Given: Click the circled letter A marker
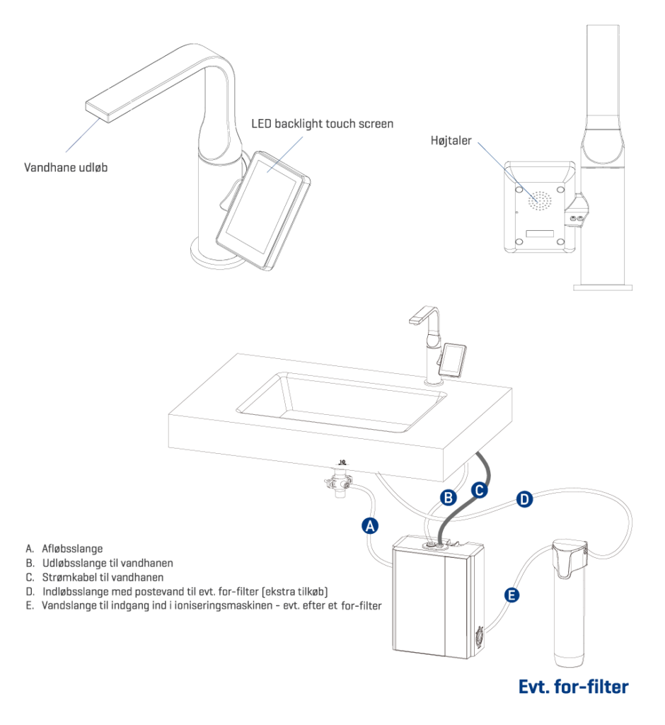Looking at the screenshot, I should tap(369, 525).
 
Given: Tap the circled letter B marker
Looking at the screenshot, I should tap(448, 498).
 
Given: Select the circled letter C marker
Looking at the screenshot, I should tap(479, 489).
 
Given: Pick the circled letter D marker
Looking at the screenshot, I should tap(524, 499).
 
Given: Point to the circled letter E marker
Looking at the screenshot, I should tap(511, 595).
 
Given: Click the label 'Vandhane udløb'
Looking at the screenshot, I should tap(66, 169).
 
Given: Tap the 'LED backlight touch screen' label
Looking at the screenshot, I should tap(322, 124).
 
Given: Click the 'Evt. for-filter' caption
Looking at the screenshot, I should tap(573, 686).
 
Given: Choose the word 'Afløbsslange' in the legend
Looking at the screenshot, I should tap(72, 549).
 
